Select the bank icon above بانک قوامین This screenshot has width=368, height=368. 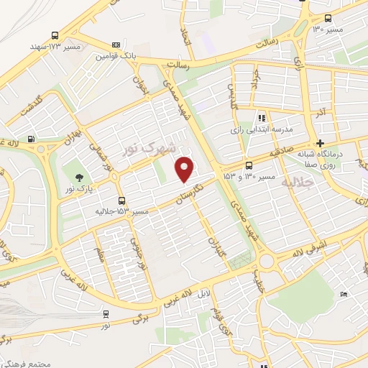click(x=117, y=45)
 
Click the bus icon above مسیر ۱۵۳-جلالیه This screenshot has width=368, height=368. click(x=121, y=200)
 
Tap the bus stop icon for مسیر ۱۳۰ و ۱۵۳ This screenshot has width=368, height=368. click(x=249, y=165)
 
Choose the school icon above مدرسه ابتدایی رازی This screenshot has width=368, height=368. click(x=262, y=117)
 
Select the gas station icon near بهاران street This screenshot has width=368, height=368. click(x=30, y=139)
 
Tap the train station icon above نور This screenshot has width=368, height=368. click(x=106, y=313)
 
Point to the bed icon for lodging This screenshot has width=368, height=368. click(x=344, y=294)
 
